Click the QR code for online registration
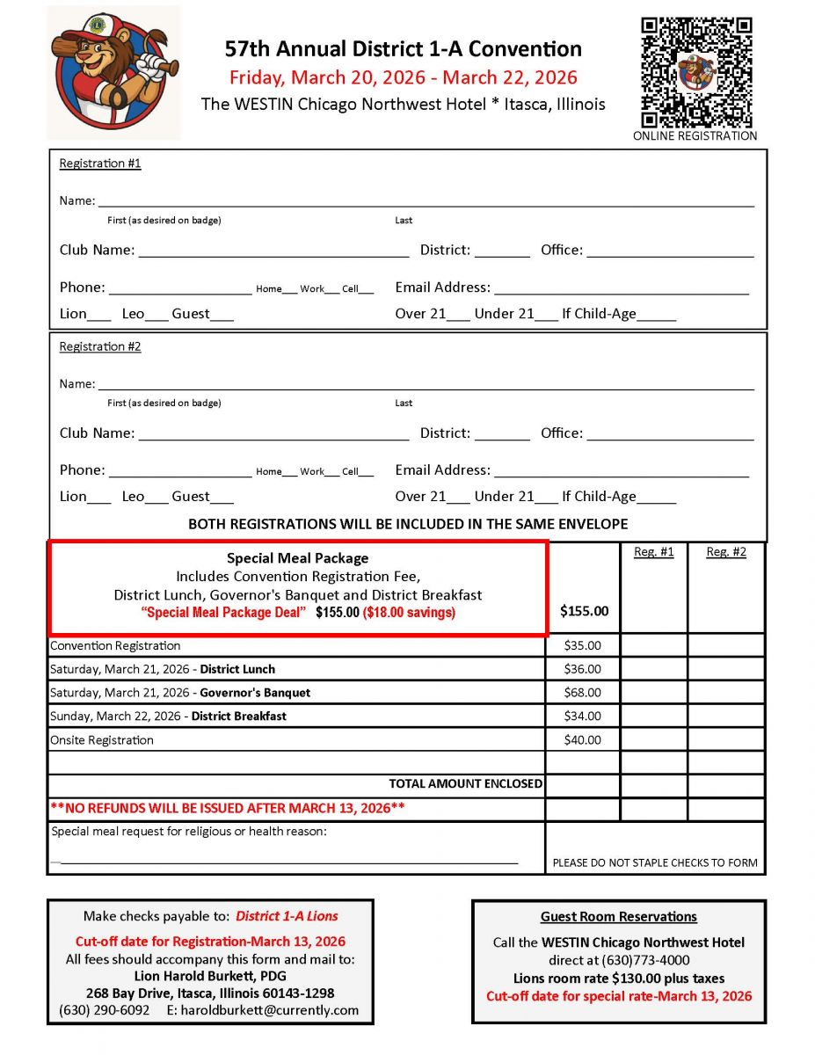695,72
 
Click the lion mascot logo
113,72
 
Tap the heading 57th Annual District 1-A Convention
403,49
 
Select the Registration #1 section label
99,164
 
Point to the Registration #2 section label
99,346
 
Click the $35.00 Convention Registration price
582,645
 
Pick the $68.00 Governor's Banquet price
582,693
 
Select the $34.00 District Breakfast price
582,717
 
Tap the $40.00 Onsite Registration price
582,740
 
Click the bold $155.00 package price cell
584,611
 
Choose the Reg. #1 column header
653,552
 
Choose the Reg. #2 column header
726,552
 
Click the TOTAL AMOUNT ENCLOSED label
465,783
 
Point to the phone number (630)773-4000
645,960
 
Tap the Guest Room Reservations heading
618,916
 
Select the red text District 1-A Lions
287,916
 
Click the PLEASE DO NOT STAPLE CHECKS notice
654,862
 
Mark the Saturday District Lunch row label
163,669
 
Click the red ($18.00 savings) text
409,613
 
